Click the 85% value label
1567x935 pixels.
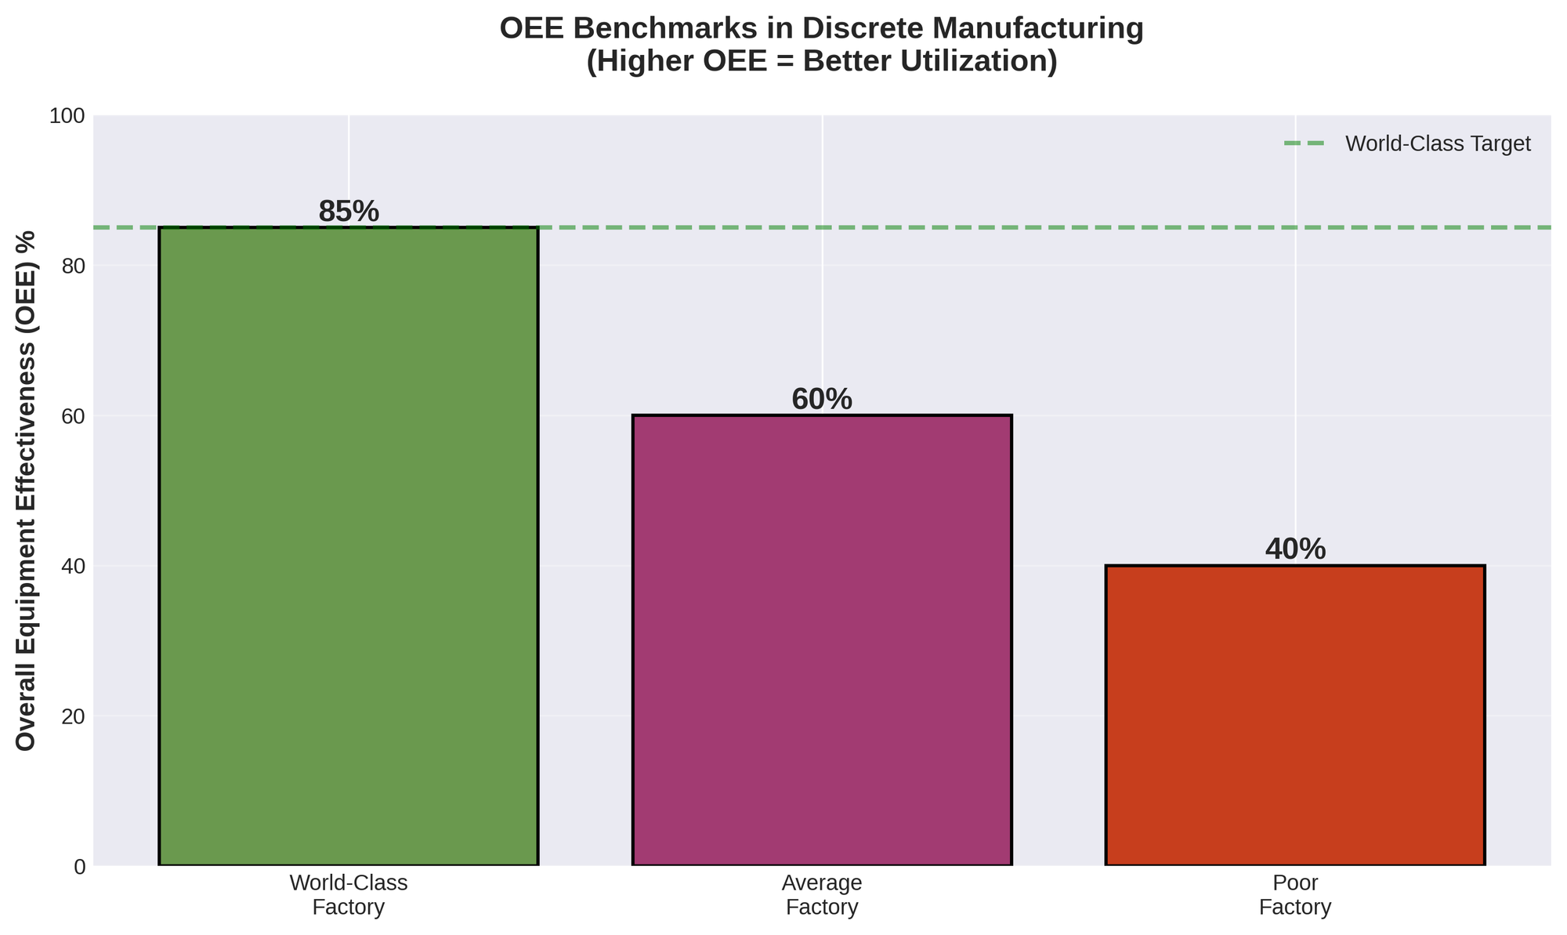pos(349,212)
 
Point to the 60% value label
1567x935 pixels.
pos(822,400)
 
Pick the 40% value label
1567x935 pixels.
pos(1295,549)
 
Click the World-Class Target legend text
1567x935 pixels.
pos(1438,144)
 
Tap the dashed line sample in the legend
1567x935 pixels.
pos(1305,144)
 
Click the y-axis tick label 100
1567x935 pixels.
pos(67,116)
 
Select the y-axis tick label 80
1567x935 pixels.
pos(73,266)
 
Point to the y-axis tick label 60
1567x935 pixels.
pos(73,416)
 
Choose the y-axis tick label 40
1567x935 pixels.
pos(73,566)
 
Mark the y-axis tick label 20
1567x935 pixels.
pos(73,716)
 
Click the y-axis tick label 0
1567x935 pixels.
pos(78,866)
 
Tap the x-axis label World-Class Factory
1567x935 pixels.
pos(349,895)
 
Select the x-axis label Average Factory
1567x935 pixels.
pos(822,895)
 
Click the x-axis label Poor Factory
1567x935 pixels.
pos(1295,895)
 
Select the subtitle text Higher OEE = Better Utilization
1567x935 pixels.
pos(822,62)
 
